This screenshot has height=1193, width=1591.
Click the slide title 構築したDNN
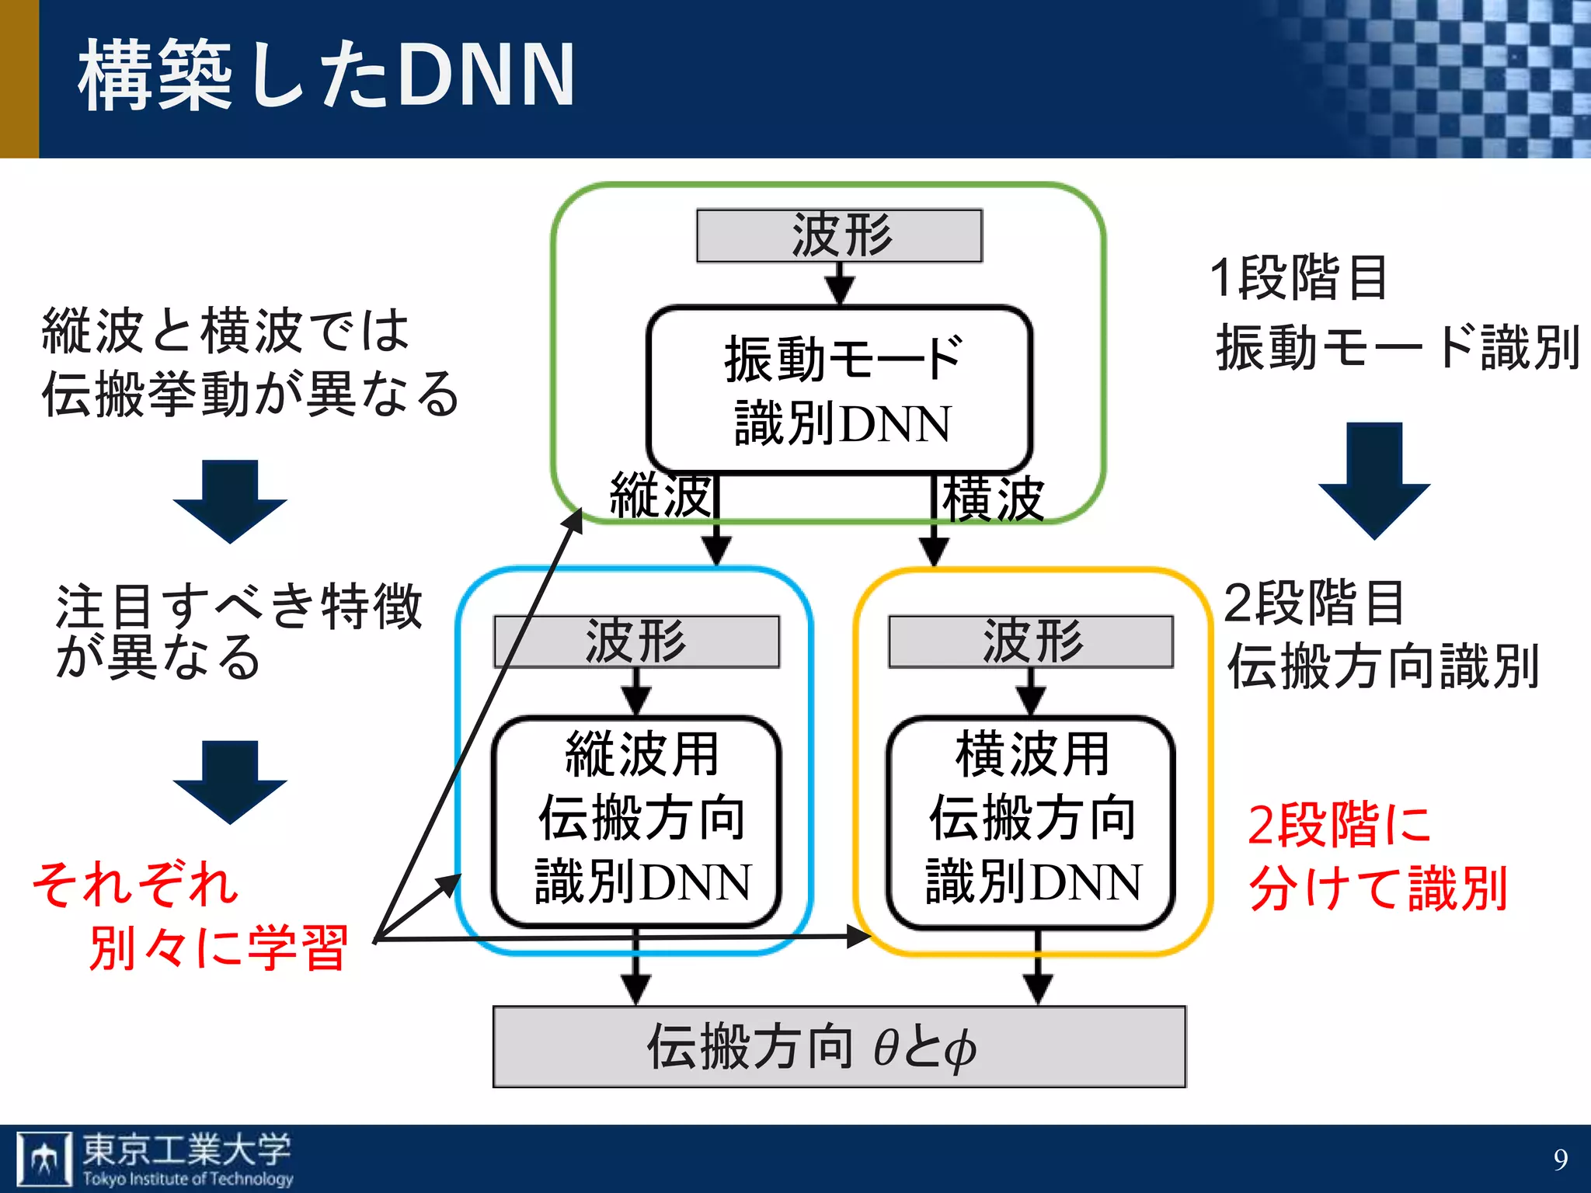326,75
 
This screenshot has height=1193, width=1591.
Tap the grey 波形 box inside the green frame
839,235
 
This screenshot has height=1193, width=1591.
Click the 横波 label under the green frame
992,499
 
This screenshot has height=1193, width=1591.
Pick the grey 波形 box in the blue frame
636,642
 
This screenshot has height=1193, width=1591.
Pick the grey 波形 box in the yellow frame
1031,642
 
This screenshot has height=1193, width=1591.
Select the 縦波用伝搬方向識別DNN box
636,820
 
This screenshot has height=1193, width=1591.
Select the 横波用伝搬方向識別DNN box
1031,820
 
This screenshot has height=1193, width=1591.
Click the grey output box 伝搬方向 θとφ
839,1046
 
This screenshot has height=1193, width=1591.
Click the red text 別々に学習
218,948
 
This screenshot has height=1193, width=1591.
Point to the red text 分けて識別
1378,889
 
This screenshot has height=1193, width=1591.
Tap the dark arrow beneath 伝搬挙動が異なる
230,500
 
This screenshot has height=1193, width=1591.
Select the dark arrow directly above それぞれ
230,781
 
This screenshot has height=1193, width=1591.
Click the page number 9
1560,1160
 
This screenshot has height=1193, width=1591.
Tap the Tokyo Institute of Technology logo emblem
44,1158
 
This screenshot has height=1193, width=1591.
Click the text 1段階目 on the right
1298,277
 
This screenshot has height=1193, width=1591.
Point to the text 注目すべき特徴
238,606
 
